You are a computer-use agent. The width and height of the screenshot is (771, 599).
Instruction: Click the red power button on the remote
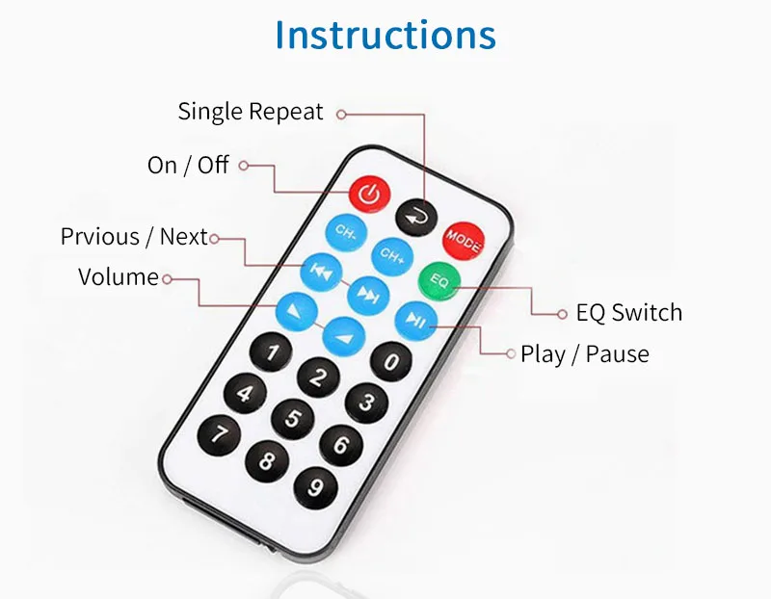(370, 195)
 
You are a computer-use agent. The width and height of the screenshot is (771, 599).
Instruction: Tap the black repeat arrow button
(416, 218)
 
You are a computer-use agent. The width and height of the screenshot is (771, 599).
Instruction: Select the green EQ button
(439, 280)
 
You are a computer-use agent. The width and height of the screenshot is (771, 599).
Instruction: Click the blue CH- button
(346, 232)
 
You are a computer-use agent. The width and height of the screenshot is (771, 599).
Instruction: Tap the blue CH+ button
(392, 255)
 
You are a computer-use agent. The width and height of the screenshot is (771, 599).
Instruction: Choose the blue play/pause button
(416, 321)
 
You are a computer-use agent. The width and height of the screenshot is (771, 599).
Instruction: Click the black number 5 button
(293, 418)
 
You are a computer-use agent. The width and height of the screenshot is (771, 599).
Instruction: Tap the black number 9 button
(316, 487)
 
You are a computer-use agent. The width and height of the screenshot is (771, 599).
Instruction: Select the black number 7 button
(219, 434)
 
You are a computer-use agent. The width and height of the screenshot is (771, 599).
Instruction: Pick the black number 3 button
(366, 403)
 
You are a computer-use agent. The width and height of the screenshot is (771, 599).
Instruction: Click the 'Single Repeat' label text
(251, 112)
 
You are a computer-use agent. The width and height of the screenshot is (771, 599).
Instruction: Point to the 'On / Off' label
(188, 165)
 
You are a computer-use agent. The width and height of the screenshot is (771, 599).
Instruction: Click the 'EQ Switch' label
(629, 313)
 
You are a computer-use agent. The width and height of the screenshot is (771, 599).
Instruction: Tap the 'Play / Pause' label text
(585, 354)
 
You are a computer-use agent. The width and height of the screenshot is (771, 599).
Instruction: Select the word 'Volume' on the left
(118, 277)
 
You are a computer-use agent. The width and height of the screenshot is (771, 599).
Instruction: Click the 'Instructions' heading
(385, 35)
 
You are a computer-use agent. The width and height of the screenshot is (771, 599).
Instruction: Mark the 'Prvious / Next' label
(134, 237)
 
